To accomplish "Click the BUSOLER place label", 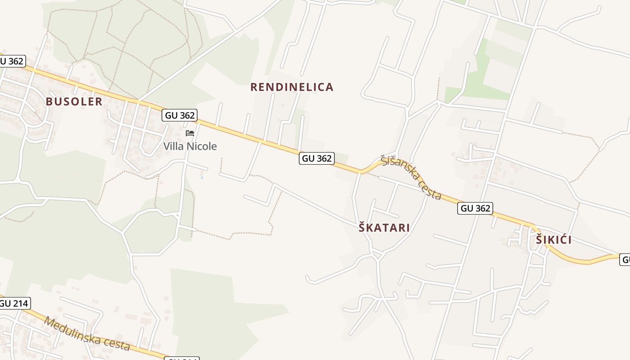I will tap(74, 102).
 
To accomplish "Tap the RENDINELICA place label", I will tap(292, 87).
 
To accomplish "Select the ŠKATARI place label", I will tap(384, 228).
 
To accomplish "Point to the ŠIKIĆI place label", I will tap(553, 240).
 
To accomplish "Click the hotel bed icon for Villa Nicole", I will tap(190, 133).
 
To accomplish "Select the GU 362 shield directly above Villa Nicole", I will tap(180, 115).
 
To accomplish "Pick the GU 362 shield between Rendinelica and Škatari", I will tap(317, 158).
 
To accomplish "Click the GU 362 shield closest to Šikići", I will tap(475, 208).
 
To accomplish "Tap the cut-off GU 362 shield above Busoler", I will tap(12, 61).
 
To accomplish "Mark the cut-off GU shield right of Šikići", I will tap(625, 260).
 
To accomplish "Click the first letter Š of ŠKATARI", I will tap(362, 228).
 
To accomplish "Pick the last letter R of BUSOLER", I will tap(99, 102).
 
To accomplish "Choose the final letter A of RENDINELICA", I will tap(330, 87).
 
